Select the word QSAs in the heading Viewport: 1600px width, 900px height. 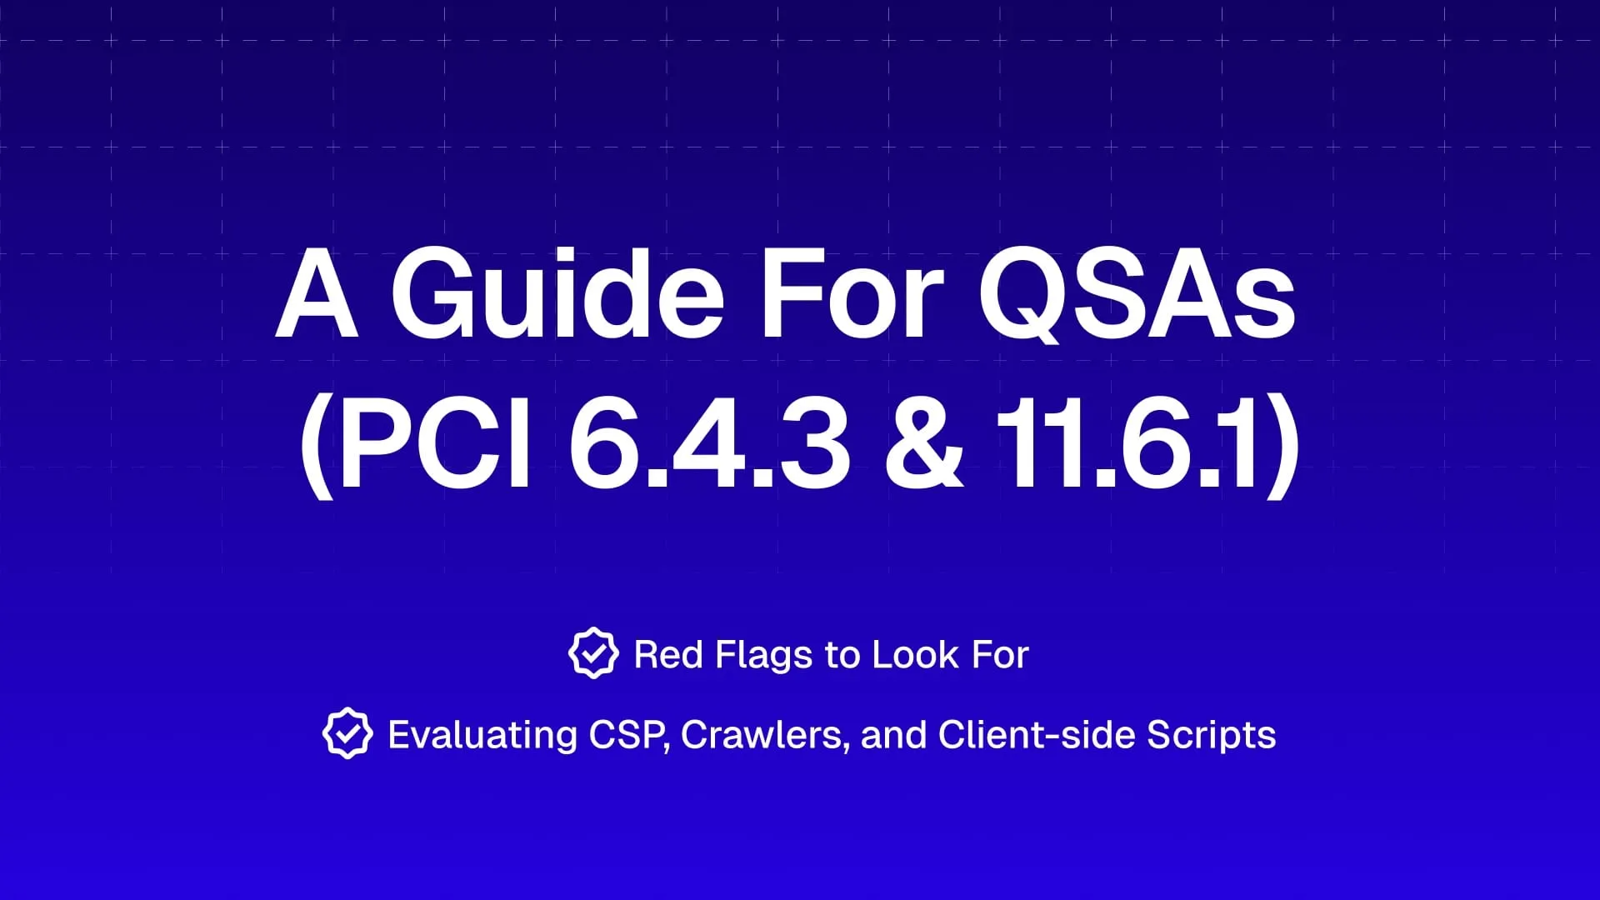click(x=1137, y=296)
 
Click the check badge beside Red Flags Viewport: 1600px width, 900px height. click(x=593, y=653)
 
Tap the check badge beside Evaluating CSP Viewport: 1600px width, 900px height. click(x=347, y=733)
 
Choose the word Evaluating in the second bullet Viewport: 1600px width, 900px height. click(x=482, y=736)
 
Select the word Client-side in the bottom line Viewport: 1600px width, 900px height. click(x=1037, y=735)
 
